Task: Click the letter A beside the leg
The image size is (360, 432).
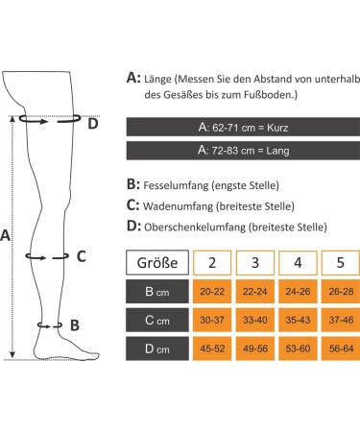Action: pos(8,234)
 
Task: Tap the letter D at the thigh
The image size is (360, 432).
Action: pos(92,123)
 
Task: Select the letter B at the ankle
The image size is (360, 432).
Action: pos(75,325)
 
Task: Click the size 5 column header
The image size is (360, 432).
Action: pos(338,261)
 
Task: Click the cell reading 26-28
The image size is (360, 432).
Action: pos(338,291)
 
